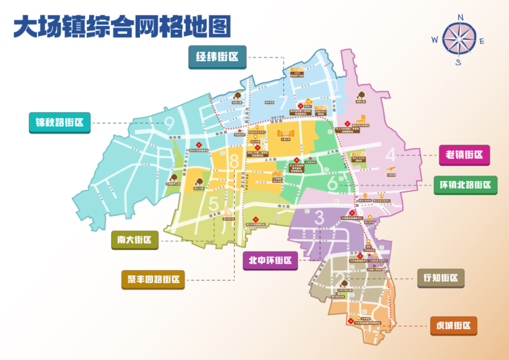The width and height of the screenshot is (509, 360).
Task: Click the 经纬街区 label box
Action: (x=217, y=57)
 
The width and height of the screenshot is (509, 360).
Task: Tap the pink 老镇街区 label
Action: (x=464, y=155)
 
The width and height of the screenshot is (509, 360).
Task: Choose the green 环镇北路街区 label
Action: (x=465, y=185)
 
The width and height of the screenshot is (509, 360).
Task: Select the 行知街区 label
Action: (x=440, y=278)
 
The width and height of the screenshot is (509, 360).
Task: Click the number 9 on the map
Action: (x=170, y=124)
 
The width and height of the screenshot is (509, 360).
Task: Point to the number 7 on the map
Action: (x=284, y=101)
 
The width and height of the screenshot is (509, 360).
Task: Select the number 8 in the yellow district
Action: (x=234, y=160)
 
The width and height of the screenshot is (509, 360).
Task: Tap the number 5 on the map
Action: (x=214, y=203)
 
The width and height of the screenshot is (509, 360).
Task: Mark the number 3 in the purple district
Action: (x=319, y=217)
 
